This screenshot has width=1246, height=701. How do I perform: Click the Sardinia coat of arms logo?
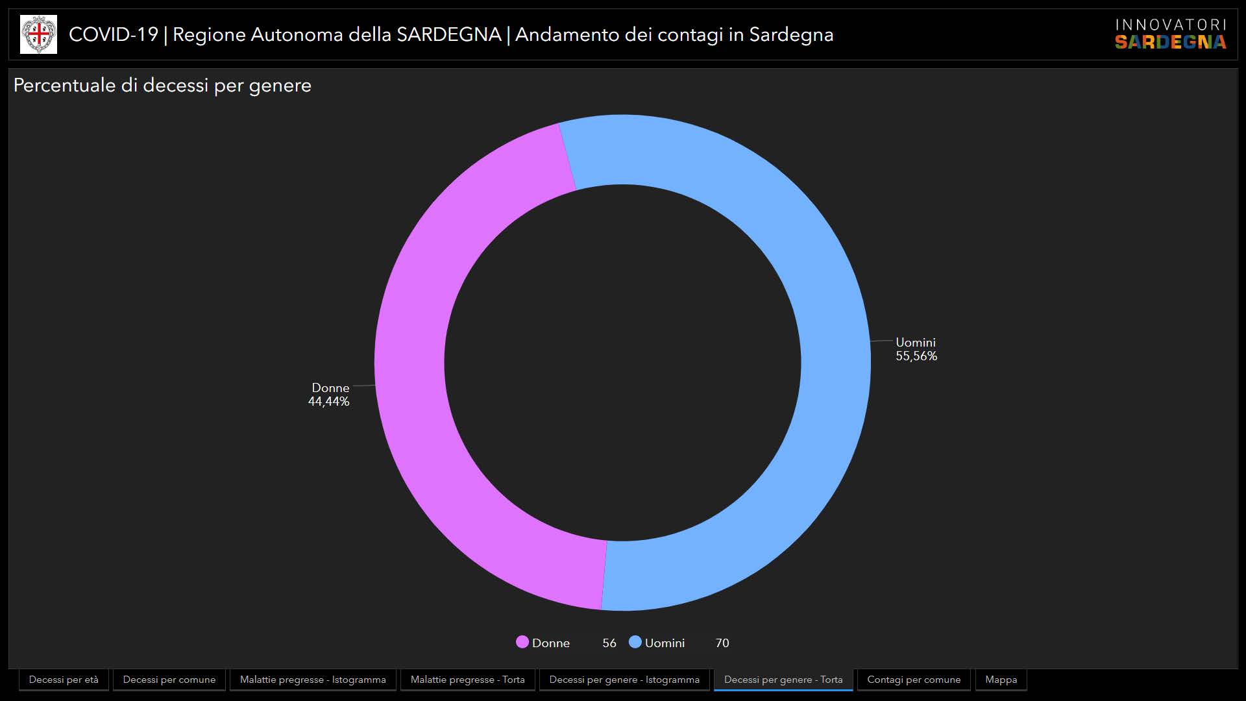38,34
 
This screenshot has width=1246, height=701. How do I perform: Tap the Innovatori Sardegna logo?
1170,34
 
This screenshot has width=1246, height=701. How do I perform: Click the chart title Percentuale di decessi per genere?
162,86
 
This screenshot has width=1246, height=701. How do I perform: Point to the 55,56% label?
916,356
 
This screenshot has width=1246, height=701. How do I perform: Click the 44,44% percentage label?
328,402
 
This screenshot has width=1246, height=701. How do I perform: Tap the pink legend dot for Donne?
522,642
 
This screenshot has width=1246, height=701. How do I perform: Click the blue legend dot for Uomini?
635,642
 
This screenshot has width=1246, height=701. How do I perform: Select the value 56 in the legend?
609,643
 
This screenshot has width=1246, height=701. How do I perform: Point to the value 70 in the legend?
722,643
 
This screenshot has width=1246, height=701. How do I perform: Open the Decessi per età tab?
64,680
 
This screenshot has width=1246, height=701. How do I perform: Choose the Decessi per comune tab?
169,680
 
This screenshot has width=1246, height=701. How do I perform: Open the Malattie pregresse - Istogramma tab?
313,680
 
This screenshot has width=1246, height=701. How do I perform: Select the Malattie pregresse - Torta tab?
467,680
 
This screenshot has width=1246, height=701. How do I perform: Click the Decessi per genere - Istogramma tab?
624,680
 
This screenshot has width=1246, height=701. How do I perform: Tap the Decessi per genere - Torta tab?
783,680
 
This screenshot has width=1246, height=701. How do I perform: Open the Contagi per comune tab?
914,680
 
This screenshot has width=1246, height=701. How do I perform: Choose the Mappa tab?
1001,680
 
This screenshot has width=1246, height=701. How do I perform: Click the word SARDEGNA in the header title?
448,34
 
